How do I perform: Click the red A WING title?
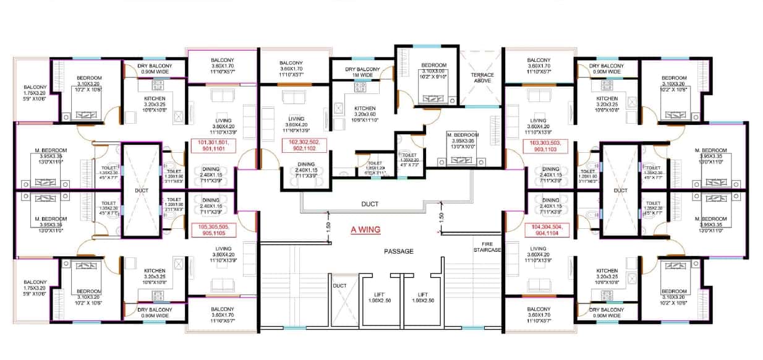tap(365, 229)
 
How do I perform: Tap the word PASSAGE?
tap(398, 251)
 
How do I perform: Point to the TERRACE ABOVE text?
tap(483, 78)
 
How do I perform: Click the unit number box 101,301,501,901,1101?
tap(214, 145)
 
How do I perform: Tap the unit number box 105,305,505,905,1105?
tap(214, 231)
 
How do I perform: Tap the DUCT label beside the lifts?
tap(340, 286)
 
